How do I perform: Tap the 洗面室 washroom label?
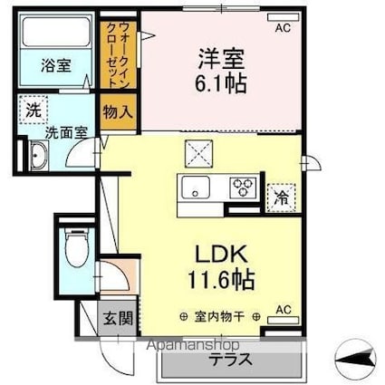pyautogui.click(x=65, y=130)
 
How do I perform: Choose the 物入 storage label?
pyautogui.click(x=118, y=113)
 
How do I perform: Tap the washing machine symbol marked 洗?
pyautogui.click(x=34, y=111)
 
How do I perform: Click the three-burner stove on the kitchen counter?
pyautogui.click(x=244, y=188)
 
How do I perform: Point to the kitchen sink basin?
pyautogui.click(x=195, y=188)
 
